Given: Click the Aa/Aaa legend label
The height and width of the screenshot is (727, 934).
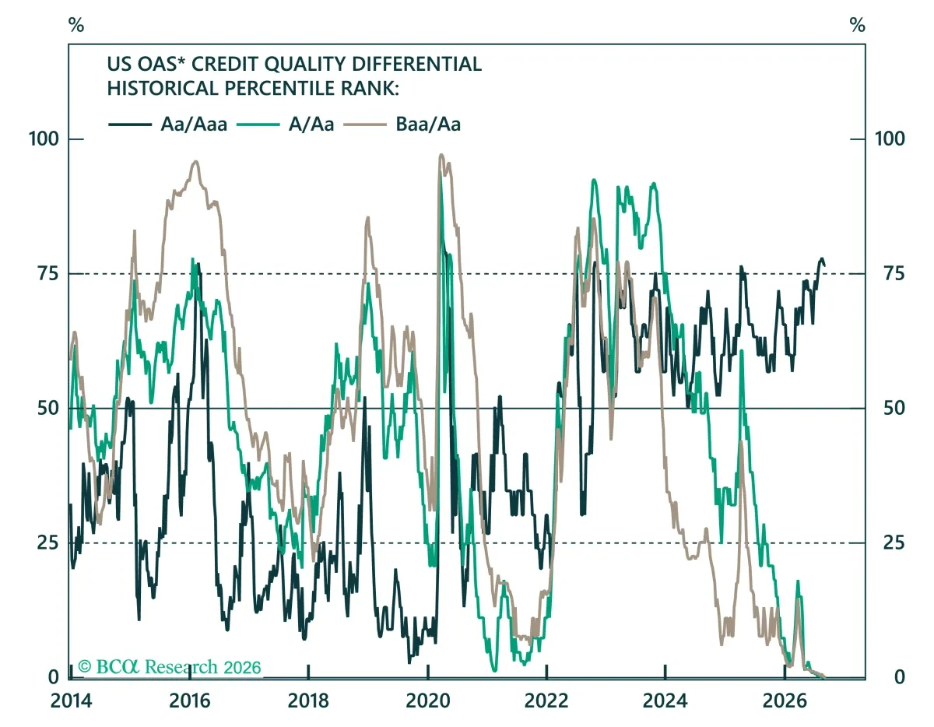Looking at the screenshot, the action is coord(194,125).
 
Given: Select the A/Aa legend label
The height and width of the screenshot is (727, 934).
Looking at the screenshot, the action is coord(311,125).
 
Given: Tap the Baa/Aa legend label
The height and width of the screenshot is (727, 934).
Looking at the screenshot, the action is coord(428,125).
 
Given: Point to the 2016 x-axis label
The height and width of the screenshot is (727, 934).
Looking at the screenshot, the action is coord(190,701).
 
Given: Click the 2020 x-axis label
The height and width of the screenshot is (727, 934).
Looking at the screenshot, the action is coord(427,701).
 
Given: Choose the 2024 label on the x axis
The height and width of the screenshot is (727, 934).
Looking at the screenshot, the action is coord(665,701).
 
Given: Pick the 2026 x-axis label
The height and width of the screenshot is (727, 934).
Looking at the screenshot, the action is coord(785,701).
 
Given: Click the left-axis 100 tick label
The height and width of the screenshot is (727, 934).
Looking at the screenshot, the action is coord(44,139).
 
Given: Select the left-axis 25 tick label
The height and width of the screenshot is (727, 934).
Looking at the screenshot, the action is coord(47,543).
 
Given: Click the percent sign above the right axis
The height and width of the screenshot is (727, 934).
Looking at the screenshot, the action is coord(857,26).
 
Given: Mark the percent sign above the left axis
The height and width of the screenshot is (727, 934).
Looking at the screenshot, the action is coord(76,26).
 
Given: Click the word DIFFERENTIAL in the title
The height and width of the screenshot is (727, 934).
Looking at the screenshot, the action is coord(416,64).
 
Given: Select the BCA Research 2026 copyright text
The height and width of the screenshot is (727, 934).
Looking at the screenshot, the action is coord(170,667).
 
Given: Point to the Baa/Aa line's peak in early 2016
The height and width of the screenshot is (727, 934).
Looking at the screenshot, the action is coord(196,161).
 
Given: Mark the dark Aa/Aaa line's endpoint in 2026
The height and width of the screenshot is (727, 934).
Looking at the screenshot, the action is coord(824,266).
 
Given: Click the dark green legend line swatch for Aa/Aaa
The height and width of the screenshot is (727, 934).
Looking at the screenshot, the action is coord(130,125).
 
